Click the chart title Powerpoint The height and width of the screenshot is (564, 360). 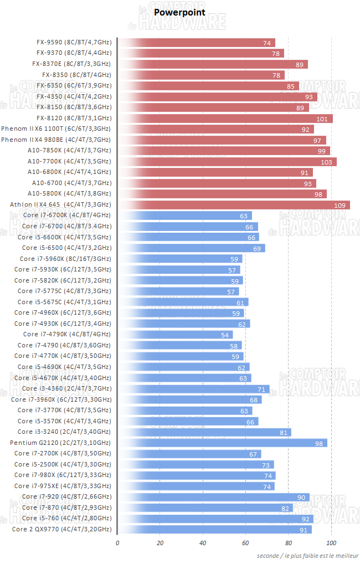[x=179, y=12]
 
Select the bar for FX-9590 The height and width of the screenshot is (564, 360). [x=197, y=43]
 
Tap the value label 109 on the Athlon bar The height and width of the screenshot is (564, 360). [x=340, y=205]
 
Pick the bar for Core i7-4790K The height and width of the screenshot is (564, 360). [x=176, y=335]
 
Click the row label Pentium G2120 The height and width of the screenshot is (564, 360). [x=60, y=443]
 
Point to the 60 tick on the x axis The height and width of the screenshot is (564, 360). [x=245, y=543]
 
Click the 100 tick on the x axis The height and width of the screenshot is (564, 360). [x=331, y=543]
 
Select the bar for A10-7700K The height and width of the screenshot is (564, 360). [x=227, y=162]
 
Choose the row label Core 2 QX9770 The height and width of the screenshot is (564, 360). [x=61, y=529]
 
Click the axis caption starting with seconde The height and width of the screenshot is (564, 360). [x=307, y=556]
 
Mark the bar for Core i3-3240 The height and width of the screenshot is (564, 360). [x=204, y=432]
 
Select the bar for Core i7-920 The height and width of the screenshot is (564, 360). [x=214, y=497]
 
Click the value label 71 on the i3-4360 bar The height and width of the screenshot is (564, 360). [x=262, y=389]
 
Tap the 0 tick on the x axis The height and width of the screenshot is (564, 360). [x=117, y=543]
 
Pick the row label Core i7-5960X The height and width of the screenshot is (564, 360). [x=65, y=259]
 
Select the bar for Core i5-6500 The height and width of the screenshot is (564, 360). [x=192, y=248]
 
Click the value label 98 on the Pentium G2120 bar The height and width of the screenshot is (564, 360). [x=319, y=443]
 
